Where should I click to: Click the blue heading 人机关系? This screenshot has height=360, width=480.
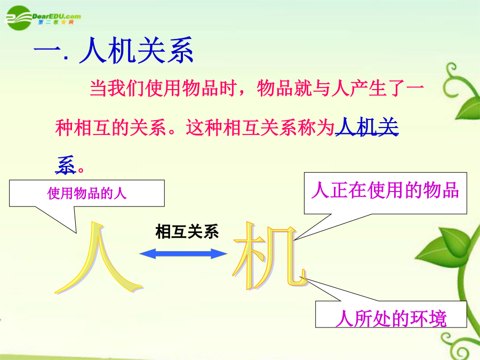[x=137, y=50]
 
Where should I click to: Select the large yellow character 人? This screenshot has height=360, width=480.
[x=99, y=258]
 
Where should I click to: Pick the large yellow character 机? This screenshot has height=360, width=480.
[x=270, y=256]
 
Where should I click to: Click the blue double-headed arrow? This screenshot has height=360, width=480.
[x=183, y=254]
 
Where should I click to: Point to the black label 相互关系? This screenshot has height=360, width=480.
[x=187, y=231]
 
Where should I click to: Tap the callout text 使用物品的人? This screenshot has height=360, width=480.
[x=87, y=193]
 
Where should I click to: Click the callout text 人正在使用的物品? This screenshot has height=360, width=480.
[x=385, y=190]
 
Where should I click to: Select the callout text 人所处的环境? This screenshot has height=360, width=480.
[x=391, y=318]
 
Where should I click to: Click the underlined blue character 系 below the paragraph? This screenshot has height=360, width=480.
[x=66, y=165]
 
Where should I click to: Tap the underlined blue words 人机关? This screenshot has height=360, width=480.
[x=367, y=127]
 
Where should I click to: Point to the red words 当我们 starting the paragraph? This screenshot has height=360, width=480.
[x=117, y=88]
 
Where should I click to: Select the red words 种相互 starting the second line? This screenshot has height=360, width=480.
[x=83, y=127]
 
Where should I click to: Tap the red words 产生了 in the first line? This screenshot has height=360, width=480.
[x=377, y=88]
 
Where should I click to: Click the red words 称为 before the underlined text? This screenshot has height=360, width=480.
[x=316, y=127]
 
